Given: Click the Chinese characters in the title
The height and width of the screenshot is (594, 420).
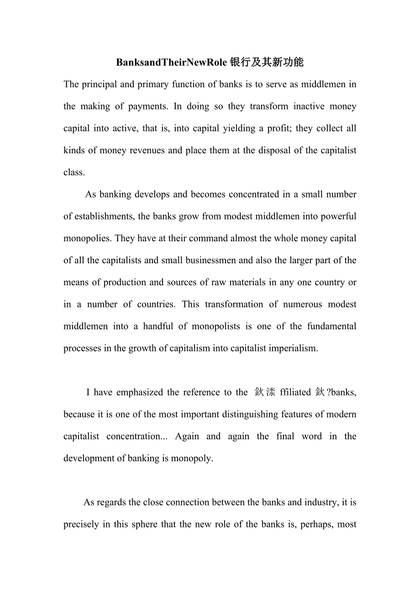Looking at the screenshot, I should point(267,63).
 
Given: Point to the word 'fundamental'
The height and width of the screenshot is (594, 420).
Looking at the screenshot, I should point(331,326).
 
